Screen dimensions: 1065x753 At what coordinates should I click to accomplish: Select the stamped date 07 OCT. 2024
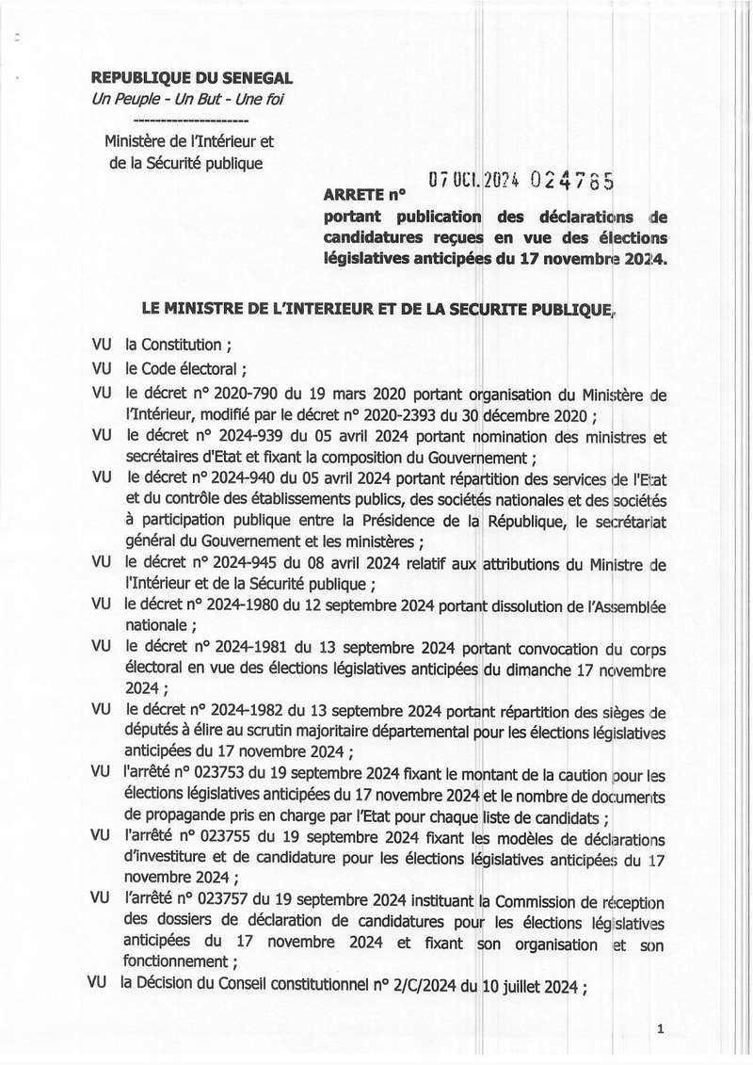[x=469, y=178]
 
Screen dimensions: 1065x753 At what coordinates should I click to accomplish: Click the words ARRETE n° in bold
[x=362, y=197]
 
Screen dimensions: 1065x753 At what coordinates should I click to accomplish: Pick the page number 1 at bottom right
[x=662, y=1030]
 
